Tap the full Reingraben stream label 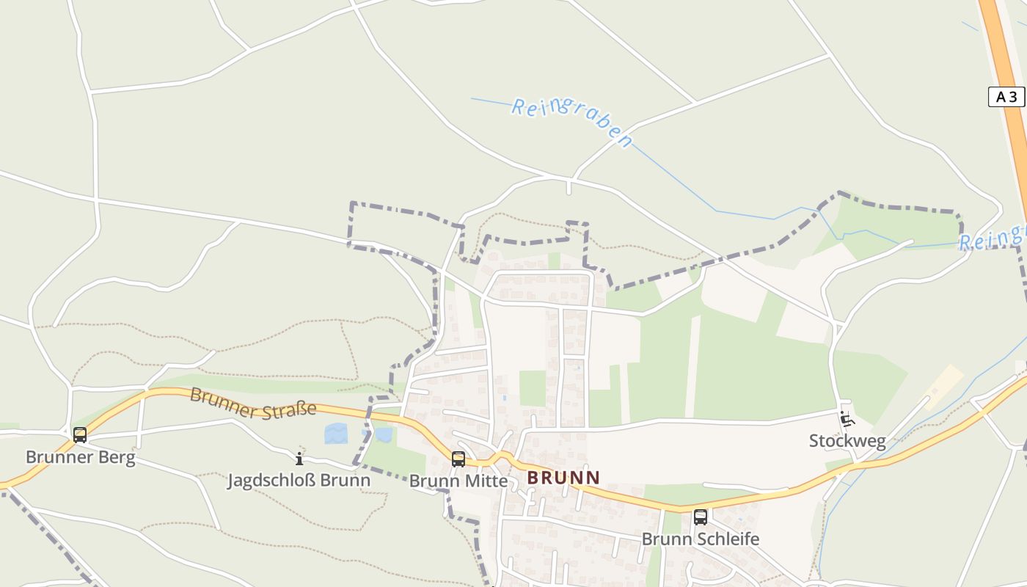point(571,122)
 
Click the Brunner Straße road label point(253,404)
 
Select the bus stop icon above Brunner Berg point(80,435)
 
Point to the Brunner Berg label point(81,457)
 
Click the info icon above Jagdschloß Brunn point(299,459)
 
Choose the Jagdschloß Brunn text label point(299,481)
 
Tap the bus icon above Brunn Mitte point(458,459)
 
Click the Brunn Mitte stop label point(458,481)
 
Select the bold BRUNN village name point(563,478)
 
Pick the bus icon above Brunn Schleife point(701,517)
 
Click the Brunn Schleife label point(701,539)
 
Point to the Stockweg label point(847,441)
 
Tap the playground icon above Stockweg point(847,420)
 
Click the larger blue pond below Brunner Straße point(336,433)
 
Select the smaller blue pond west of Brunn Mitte point(383,435)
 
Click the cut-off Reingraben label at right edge point(992,238)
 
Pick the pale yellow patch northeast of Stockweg point(943,385)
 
